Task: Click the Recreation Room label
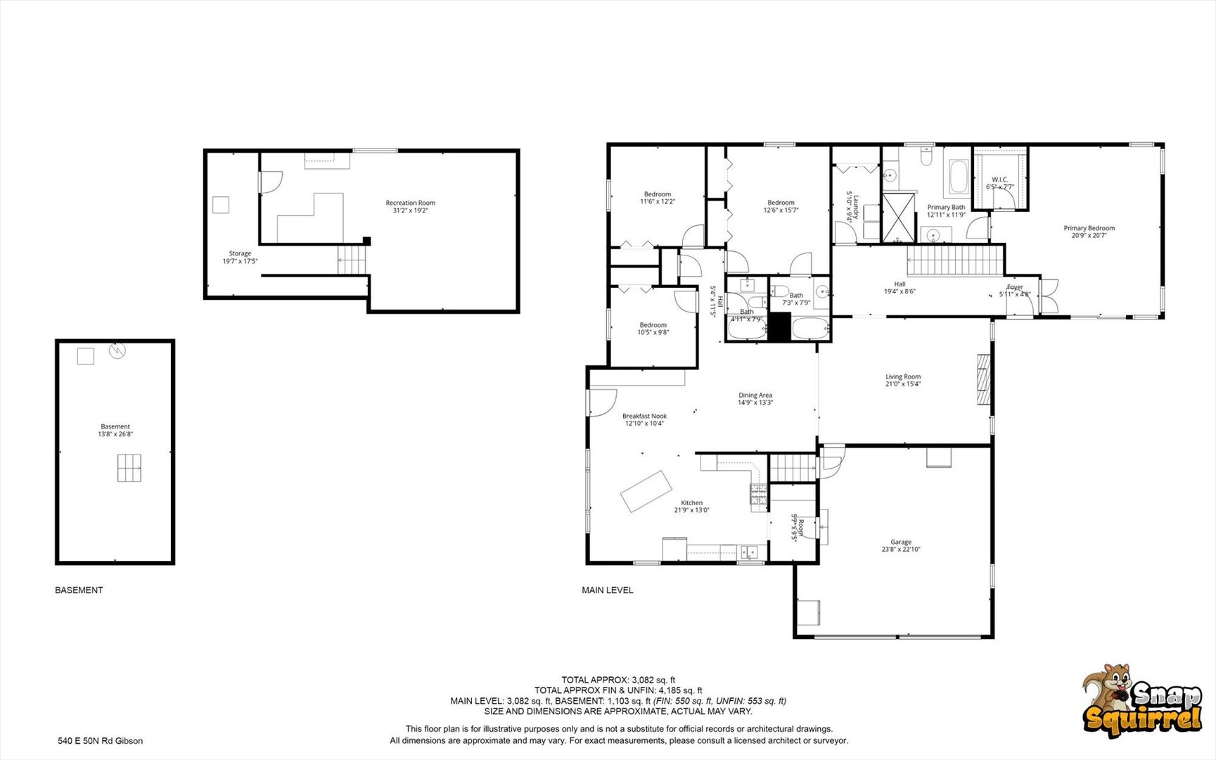[x=410, y=203]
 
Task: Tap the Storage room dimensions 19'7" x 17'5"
[x=240, y=261]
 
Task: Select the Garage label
[x=900, y=542]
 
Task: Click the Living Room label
[x=902, y=376]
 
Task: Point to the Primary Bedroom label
[x=1088, y=228]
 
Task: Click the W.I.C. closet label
[x=999, y=179]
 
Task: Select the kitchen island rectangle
[x=646, y=490]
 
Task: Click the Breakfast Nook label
[x=644, y=416]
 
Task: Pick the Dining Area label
[x=755, y=395]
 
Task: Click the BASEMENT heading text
[x=79, y=590]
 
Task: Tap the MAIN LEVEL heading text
[x=607, y=590]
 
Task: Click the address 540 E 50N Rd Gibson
[x=100, y=740]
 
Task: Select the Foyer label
[x=1014, y=287]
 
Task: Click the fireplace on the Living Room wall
[x=983, y=379]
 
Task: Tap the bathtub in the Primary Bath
[x=959, y=177]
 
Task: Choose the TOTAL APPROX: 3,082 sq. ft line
[x=617, y=680]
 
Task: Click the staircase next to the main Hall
[x=954, y=260]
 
